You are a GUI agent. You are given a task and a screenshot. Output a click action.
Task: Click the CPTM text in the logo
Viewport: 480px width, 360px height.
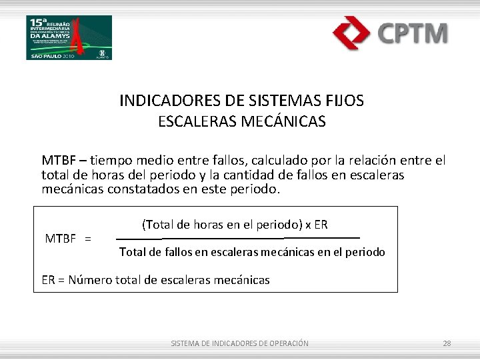413,33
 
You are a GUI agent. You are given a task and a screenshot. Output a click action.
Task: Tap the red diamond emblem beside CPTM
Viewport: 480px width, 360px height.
352,33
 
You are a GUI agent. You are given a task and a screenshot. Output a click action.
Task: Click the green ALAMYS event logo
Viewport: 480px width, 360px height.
69,37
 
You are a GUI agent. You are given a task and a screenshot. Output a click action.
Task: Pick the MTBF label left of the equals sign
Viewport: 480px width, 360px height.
60,239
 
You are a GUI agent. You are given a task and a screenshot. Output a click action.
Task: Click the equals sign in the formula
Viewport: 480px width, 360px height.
88,239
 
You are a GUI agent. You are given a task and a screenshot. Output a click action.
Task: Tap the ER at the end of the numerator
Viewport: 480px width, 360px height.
320,225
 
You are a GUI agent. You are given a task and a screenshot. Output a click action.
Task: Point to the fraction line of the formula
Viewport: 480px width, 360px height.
238,238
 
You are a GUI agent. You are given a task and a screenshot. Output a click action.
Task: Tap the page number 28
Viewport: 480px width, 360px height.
447,343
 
